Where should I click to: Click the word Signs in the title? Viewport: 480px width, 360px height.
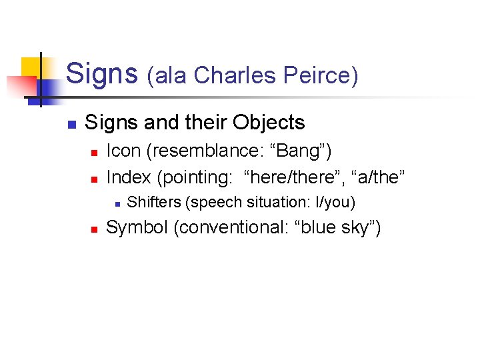click(102, 73)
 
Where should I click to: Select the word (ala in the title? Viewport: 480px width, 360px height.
click(167, 75)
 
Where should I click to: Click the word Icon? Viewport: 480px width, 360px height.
click(123, 151)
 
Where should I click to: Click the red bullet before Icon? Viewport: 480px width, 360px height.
click(94, 153)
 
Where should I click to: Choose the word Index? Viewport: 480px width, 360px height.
click(129, 177)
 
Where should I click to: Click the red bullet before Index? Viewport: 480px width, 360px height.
click(94, 179)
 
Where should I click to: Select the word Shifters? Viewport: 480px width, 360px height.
click(155, 202)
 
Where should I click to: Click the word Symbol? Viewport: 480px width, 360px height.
click(137, 228)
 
